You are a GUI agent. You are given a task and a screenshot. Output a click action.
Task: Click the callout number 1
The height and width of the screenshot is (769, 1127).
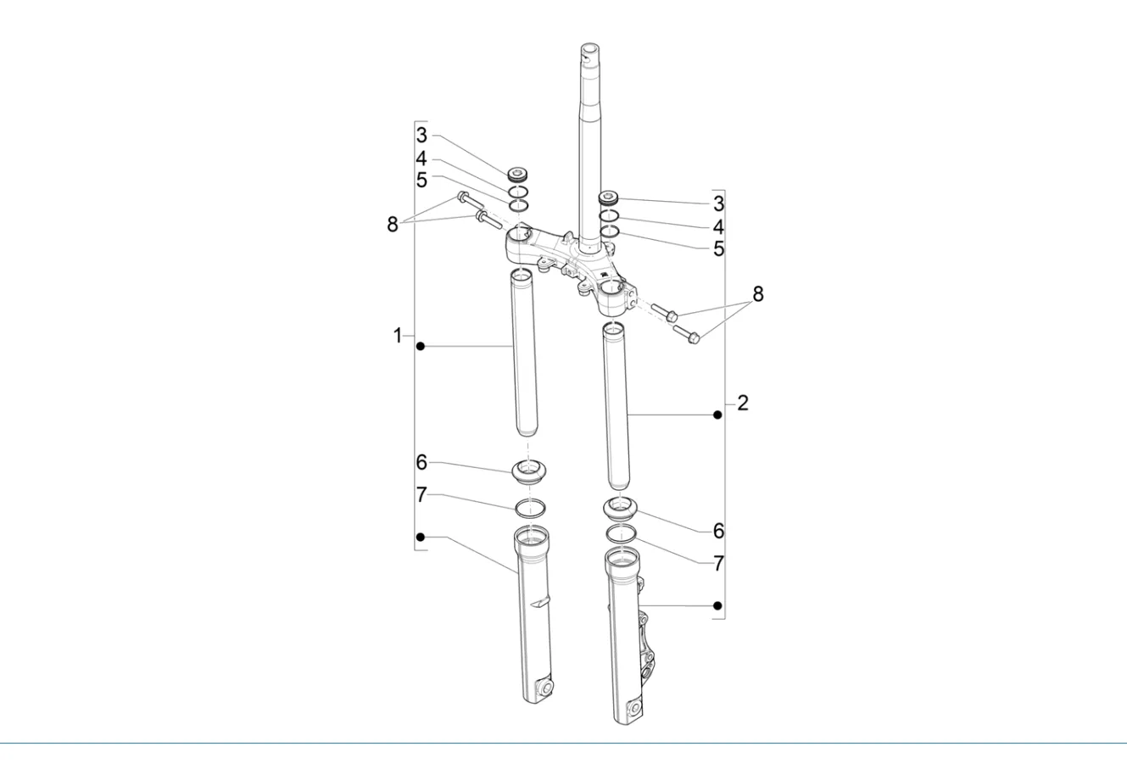pos(398,336)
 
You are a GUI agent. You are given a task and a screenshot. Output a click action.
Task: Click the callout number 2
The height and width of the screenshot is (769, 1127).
pos(743,403)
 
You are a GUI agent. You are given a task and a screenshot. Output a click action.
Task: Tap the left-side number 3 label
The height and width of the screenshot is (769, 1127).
pos(421,136)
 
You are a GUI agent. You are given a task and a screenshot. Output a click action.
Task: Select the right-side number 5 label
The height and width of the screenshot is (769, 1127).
pos(719,248)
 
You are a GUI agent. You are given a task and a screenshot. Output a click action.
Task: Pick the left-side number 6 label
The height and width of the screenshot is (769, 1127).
pos(421,462)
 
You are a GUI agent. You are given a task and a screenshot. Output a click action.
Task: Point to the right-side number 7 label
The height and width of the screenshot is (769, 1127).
pos(719,563)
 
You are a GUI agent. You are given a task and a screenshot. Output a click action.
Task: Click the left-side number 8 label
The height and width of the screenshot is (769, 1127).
pos(393,225)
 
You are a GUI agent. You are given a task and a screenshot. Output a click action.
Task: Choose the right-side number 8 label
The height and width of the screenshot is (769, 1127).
pos(758,294)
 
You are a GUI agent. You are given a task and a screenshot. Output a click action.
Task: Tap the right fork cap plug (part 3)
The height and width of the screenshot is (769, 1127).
pos(608,198)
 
